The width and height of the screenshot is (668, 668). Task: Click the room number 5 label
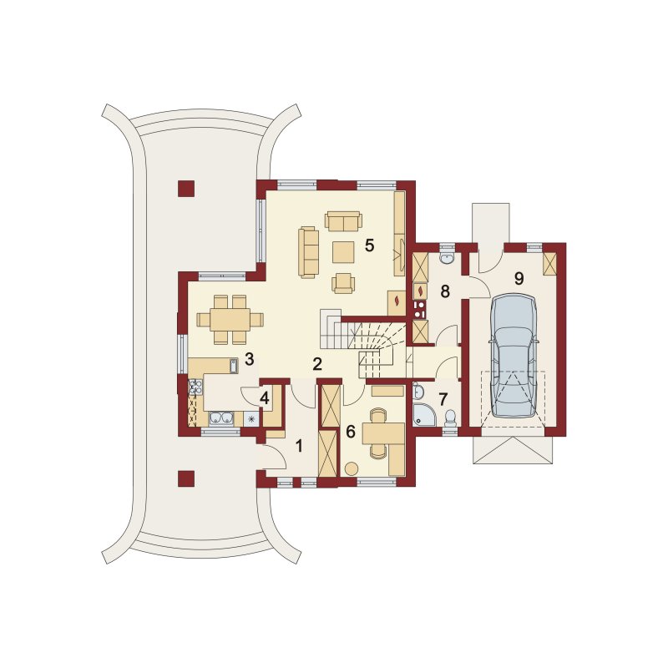pos(369,245)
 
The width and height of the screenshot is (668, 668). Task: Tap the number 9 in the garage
pos(519,279)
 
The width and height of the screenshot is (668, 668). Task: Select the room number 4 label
pos(265,399)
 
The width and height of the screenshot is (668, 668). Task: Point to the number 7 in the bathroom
pos(443,399)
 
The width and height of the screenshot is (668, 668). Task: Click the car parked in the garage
pos(514,357)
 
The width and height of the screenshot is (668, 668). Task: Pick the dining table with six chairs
pos(230,320)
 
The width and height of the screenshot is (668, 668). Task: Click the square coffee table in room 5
pos(343,252)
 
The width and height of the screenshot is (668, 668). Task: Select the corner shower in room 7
pos(423,415)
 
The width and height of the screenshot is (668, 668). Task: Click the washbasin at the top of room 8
pos(447,258)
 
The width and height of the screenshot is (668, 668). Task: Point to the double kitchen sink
pos(221,419)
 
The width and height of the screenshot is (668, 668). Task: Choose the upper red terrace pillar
pos(186,189)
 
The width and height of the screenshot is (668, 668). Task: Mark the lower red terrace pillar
pos(186,478)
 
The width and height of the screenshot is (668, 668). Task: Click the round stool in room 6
pos(352,469)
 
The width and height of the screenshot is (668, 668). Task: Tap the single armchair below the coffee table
pos(343,283)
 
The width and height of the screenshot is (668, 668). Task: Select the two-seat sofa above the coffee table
pos(343,221)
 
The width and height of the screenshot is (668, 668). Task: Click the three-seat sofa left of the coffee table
pos(308,253)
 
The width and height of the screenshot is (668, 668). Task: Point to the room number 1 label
pos(299,447)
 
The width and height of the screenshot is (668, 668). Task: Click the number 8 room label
pos(445,291)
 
